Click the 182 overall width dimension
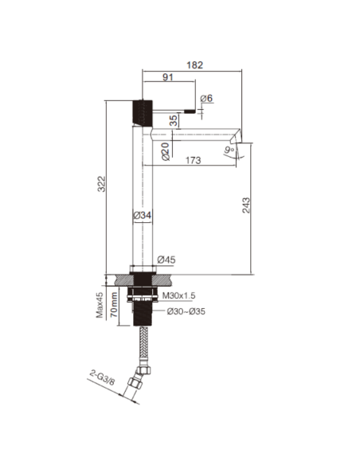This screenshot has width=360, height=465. click(194, 66)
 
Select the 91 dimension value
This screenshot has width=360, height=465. click(170, 78)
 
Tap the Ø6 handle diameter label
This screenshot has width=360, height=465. click(205, 98)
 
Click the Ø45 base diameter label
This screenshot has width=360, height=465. click(167, 259)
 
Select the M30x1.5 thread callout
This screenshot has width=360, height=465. click(182, 295)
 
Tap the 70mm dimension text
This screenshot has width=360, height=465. click(115, 303)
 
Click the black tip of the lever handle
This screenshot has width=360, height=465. click(190, 110)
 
